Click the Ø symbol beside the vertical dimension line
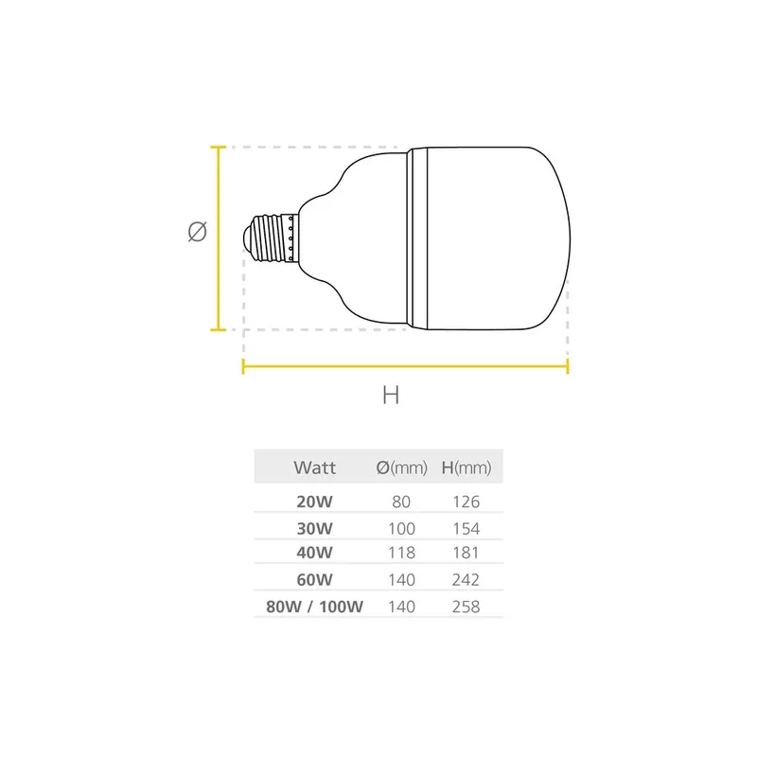tap(197, 231)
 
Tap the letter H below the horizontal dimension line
tap(391, 396)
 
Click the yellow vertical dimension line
tap(220, 238)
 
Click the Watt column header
tap(315, 467)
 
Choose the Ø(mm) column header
tap(402, 467)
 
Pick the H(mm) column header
tap(467, 467)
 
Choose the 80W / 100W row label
tap(315, 606)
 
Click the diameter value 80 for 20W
tap(402, 502)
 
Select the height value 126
tap(467, 502)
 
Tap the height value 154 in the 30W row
tap(467, 528)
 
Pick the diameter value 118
tap(402, 553)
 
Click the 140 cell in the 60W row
tap(402, 579)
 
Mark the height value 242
tap(467, 579)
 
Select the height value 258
tap(467, 606)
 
